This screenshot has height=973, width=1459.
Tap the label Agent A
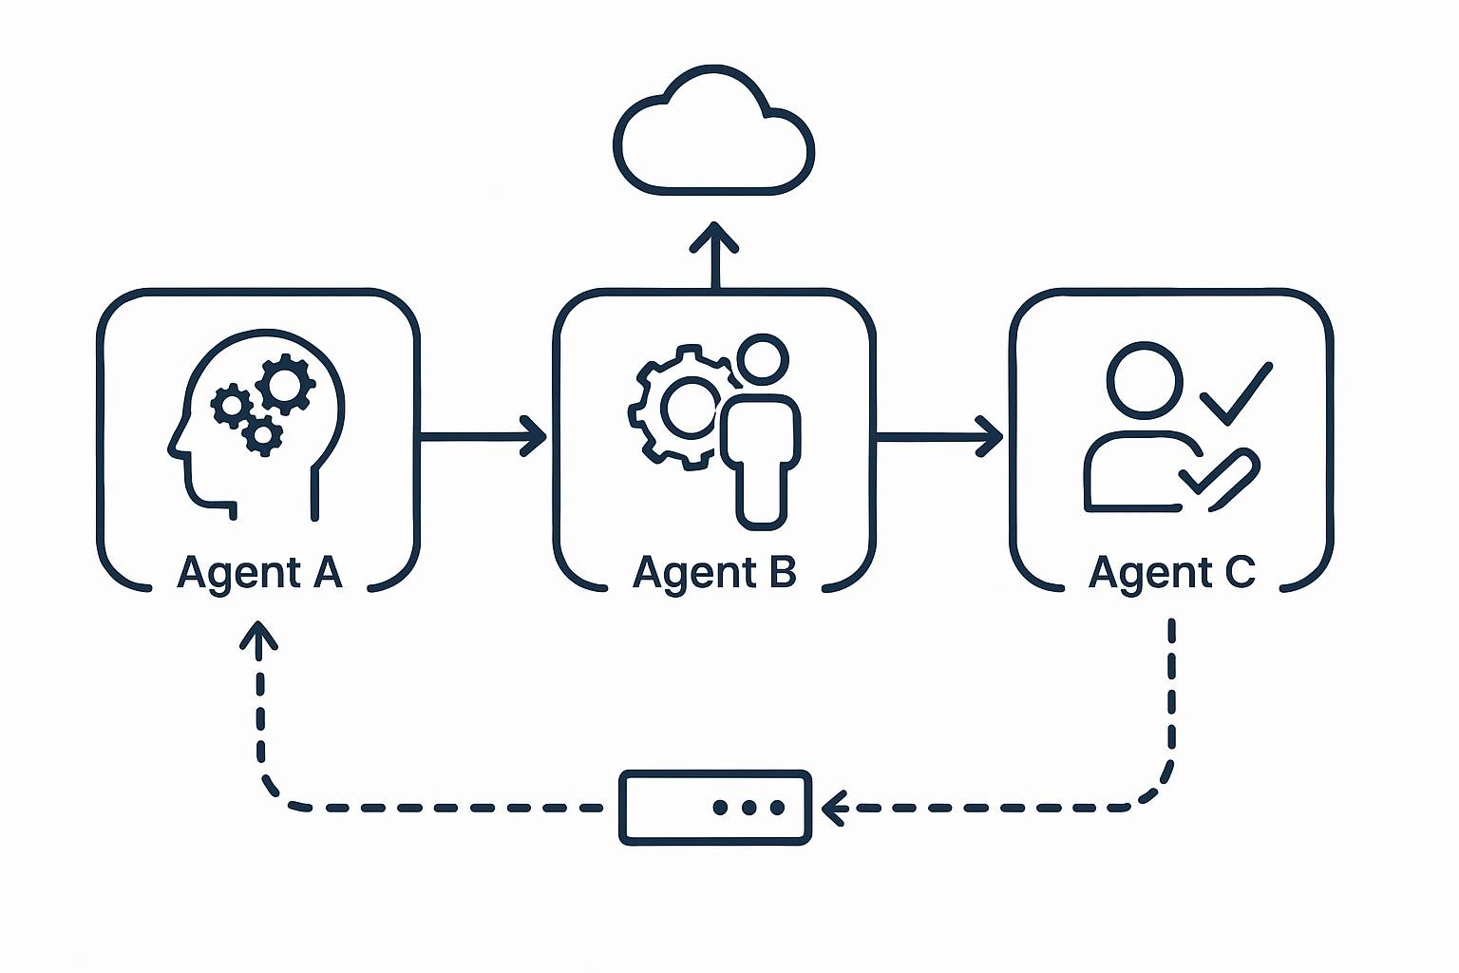pyautogui.click(x=258, y=573)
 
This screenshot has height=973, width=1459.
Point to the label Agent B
pyautogui.click(x=714, y=573)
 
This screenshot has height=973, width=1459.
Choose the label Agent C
pyautogui.click(x=1171, y=573)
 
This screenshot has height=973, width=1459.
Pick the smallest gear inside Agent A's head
pyautogui.click(x=261, y=435)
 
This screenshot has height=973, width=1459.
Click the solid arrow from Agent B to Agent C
pyautogui.click(x=938, y=437)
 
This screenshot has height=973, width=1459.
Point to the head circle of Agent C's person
pyautogui.click(x=1144, y=378)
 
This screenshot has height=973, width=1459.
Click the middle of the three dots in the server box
pyautogui.click(x=748, y=808)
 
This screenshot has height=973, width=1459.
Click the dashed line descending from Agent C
pyautogui.click(x=1171, y=703)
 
